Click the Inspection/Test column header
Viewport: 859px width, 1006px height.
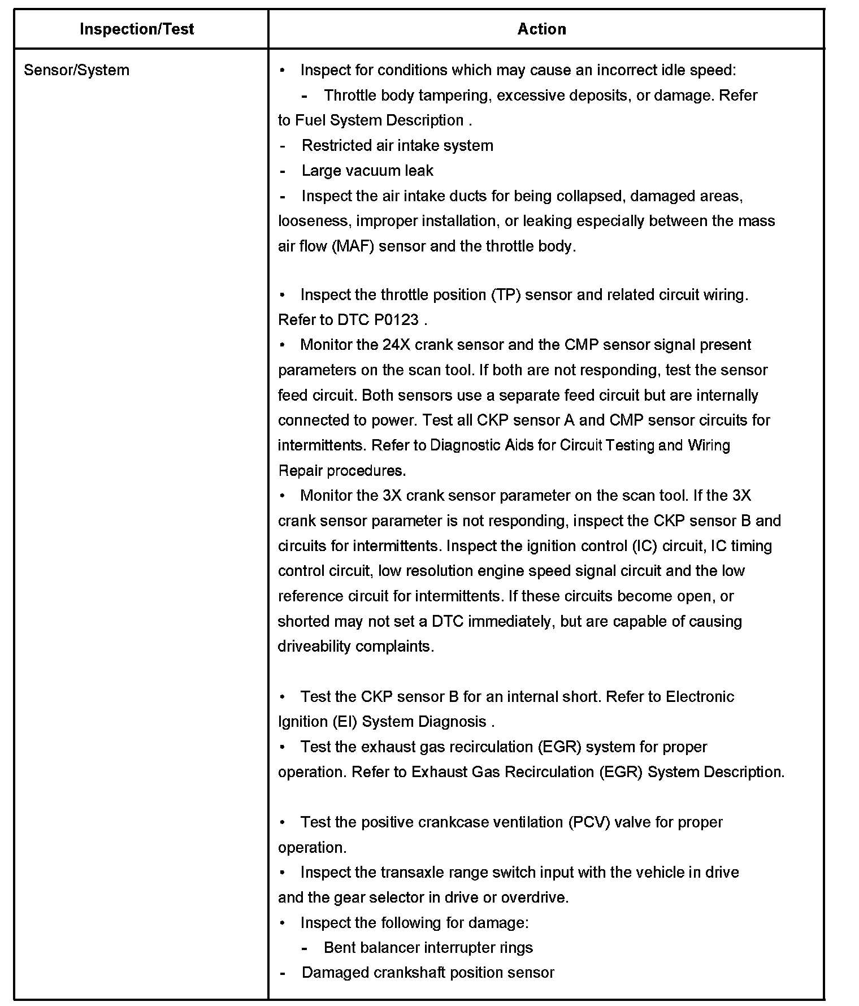click(x=137, y=29)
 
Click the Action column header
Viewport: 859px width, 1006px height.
click(x=541, y=29)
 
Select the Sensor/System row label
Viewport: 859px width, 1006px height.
click(x=76, y=70)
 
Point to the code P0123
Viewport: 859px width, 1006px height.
click(x=396, y=320)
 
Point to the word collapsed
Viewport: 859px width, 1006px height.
click(x=590, y=196)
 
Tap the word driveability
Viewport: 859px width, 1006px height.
click(x=314, y=647)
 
